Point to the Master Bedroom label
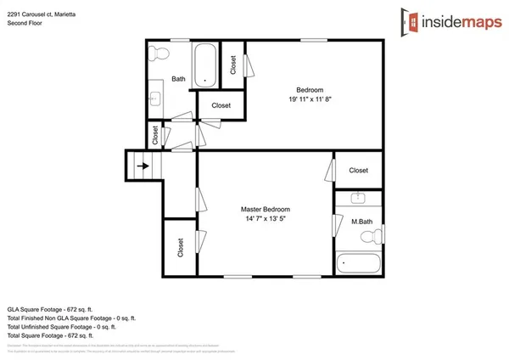click(x=266, y=209)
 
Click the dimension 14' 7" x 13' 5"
click(x=266, y=219)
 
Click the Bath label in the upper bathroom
click(x=178, y=79)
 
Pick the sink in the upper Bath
click(x=155, y=98)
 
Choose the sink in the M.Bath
click(x=358, y=199)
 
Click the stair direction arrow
click(x=144, y=167)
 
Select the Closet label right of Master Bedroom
click(x=359, y=171)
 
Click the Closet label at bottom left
click(x=181, y=247)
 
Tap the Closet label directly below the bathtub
click(x=221, y=105)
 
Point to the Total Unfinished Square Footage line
click(x=60, y=325)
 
